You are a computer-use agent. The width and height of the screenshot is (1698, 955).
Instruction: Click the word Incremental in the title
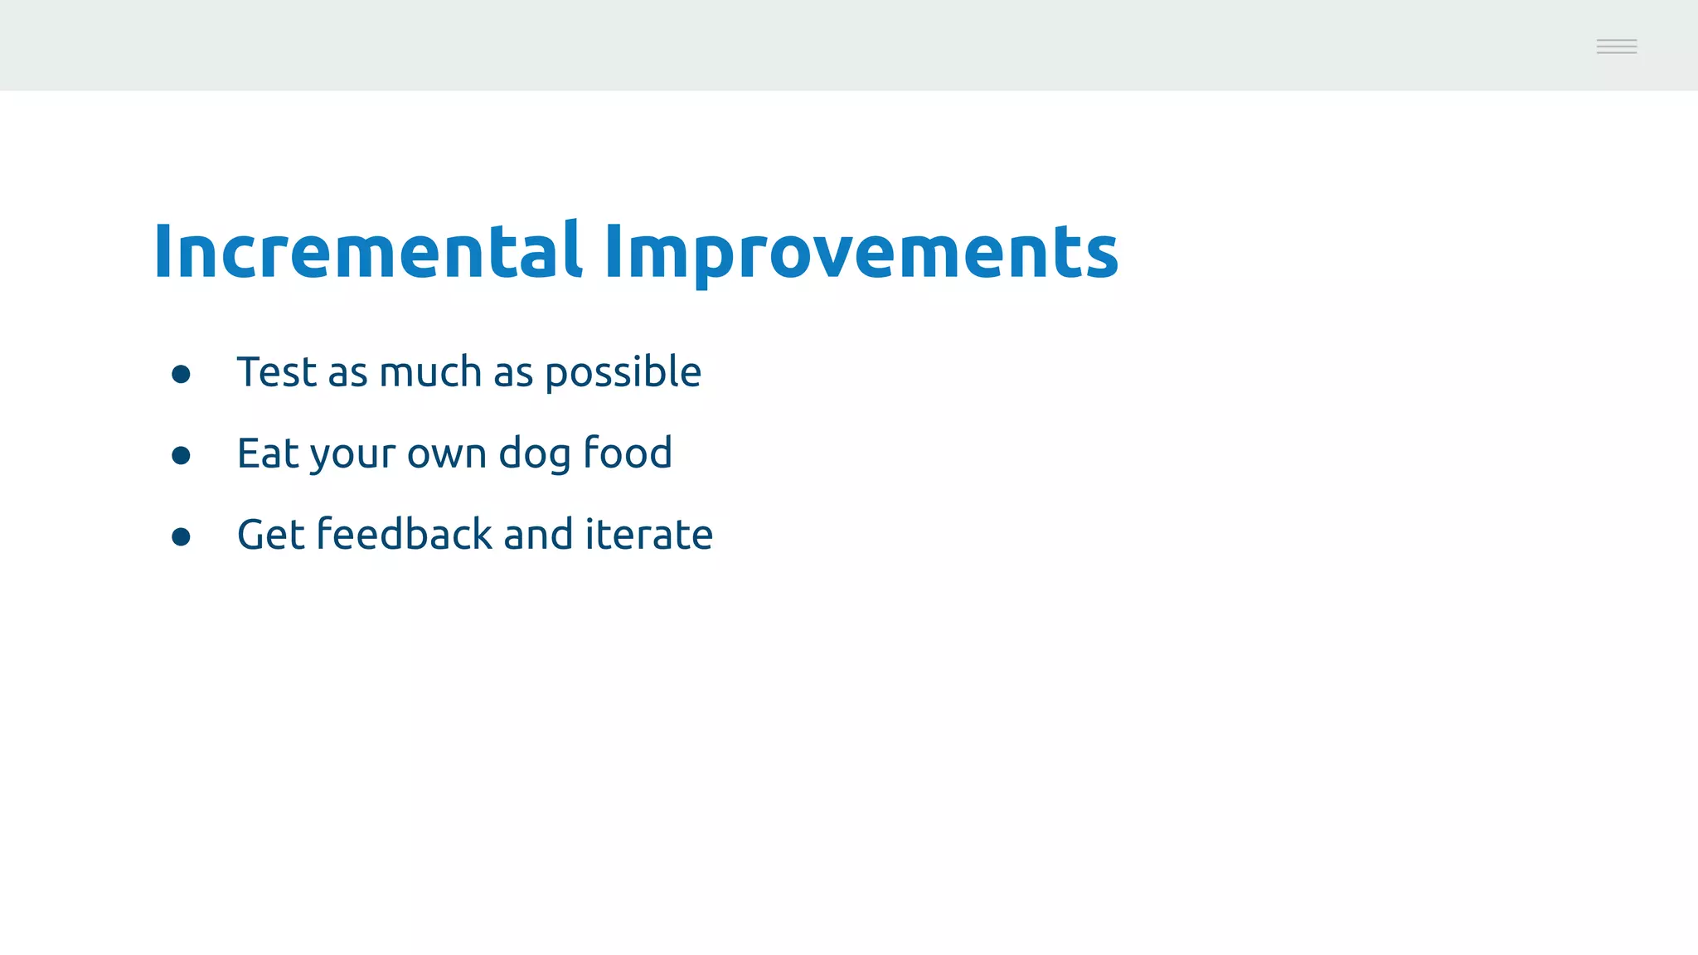[x=367, y=252]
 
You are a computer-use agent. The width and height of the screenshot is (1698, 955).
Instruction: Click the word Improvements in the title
[x=861, y=252]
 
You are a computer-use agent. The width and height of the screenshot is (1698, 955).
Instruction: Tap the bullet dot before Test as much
[x=181, y=375]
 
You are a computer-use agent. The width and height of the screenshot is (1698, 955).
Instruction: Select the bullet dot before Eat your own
[x=181, y=456]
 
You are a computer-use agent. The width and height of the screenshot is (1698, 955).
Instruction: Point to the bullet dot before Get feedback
[x=181, y=537]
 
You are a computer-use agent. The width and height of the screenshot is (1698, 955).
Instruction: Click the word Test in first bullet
[x=277, y=372]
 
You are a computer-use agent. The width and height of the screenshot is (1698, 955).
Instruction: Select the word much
[x=430, y=372]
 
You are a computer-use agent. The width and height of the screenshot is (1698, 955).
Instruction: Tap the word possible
[x=623, y=372]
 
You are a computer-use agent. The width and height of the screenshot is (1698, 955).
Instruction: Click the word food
[x=628, y=453]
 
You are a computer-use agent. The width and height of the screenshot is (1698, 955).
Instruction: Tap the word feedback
[x=405, y=534]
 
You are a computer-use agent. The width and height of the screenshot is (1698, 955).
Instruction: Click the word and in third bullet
[x=538, y=535]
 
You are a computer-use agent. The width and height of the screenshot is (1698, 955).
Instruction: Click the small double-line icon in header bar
[x=1616, y=46]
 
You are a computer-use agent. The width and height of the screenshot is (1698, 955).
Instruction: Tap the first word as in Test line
[x=347, y=375]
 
